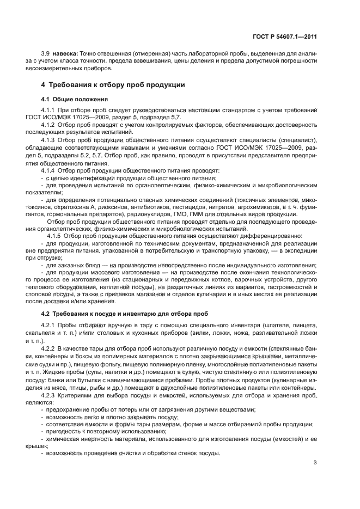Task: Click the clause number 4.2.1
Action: [50, 326]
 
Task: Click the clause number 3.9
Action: [46, 53]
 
